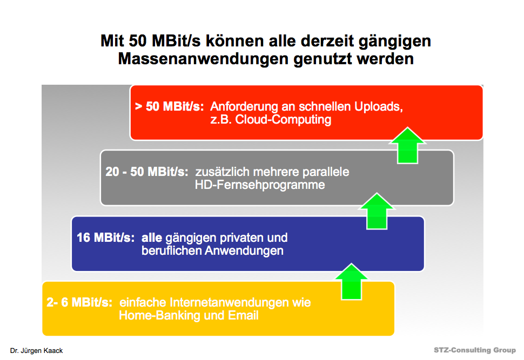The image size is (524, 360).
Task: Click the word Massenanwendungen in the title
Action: pos(204,59)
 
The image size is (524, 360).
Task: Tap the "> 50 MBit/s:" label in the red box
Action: pos(169,106)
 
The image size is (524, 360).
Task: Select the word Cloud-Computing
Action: pos(283,120)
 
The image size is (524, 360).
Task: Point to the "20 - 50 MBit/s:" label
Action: pos(147,172)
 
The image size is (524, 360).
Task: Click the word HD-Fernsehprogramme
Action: pos(260,185)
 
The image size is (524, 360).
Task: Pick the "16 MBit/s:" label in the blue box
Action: pos(105,237)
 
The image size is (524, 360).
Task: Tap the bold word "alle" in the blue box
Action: pos(152,238)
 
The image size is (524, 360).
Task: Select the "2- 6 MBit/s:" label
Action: pos(79,302)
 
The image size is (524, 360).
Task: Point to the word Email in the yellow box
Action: pos(243,316)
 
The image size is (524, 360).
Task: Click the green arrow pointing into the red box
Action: pos(408,145)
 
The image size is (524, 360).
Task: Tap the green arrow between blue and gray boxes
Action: pos(377,210)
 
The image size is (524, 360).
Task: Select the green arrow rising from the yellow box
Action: pos(352,281)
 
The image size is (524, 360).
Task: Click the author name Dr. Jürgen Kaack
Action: pos(36,351)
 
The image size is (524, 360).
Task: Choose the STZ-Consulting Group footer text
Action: pos(475,350)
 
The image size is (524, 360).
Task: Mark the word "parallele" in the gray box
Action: pos(326,172)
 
